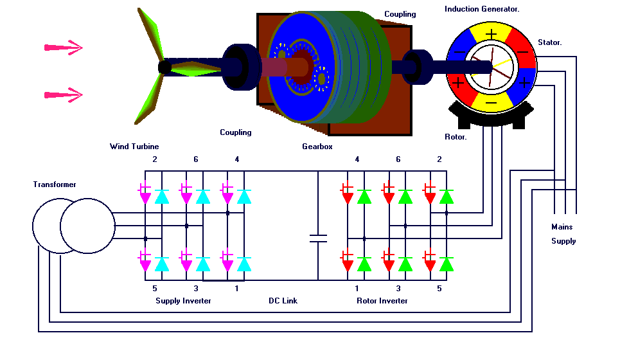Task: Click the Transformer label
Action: pos(55,184)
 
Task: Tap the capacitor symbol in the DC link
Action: pos(318,239)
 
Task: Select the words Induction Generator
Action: pos(482,9)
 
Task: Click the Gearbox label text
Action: pos(317,147)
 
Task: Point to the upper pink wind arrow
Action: pos(64,47)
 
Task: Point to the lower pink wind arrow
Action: pos(64,95)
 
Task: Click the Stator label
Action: pos(549,42)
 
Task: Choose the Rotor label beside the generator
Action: pos(456,137)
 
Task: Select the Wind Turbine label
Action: pos(134,147)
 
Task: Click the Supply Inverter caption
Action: pos(183,300)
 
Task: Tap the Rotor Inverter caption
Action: pos(382,300)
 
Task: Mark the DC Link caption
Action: pos(283,300)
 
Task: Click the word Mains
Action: pos(562,227)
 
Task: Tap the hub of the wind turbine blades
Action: pos(164,66)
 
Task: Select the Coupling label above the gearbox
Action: pos(400,14)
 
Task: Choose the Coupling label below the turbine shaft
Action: pos(236,132)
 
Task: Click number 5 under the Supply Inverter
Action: pos(155,289)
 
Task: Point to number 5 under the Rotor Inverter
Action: pos(439,289)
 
